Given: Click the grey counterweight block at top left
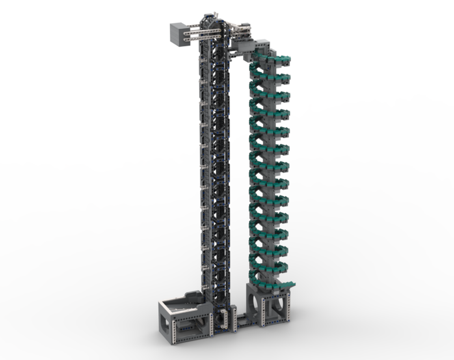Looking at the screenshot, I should point(179,34).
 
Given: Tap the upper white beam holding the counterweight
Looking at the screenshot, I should point(204,31).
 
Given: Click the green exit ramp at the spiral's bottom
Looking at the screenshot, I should point(283,285).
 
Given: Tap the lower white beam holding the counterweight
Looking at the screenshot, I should point(204,38).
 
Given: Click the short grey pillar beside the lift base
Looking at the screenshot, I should point(233,317).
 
